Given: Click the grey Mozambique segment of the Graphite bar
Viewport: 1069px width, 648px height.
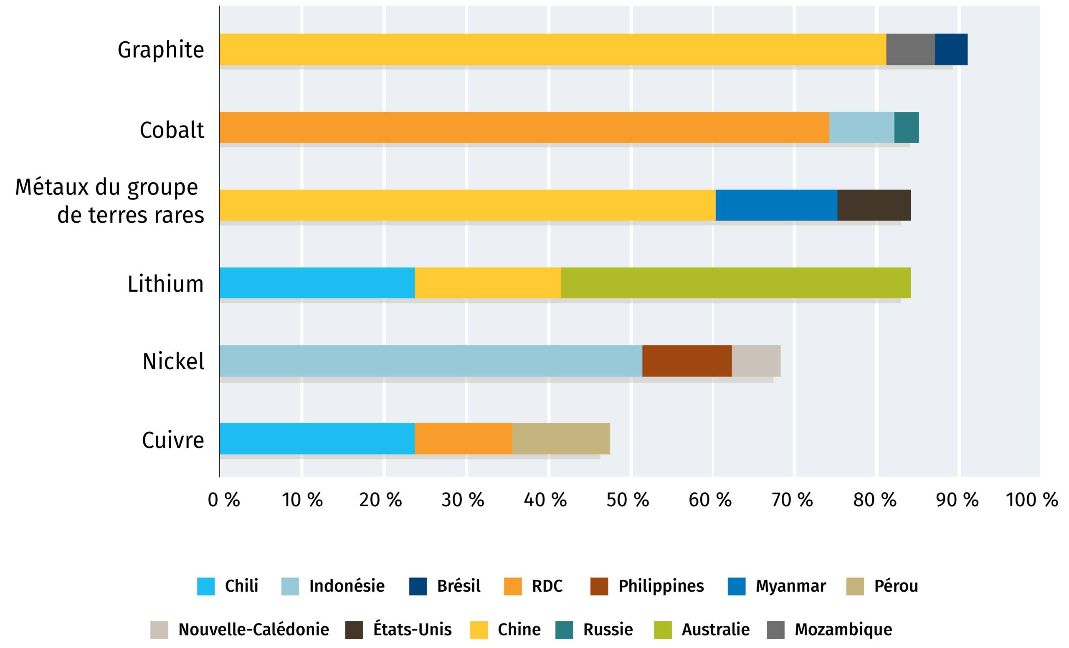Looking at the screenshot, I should (x=910, y=49).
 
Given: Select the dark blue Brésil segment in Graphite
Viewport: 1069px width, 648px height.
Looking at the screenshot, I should (x=951, y=49).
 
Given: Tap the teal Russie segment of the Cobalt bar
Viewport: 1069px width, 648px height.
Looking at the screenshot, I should (x=906, y=127).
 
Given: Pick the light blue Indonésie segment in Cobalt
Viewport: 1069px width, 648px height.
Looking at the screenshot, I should (x=861, y=127).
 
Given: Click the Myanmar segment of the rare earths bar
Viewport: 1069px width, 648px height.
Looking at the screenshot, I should (x=776, y=205).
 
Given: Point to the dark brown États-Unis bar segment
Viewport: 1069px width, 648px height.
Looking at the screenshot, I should (x=874, y=205).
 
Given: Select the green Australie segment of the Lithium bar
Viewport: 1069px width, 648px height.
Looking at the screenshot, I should (x=735, y=283).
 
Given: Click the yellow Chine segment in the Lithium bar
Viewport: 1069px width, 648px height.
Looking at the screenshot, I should (x=488, y=283).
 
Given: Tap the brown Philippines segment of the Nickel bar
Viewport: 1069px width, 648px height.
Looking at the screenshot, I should (x=687, y=361).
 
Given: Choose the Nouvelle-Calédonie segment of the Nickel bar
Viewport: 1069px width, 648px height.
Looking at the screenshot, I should (x=756, y=361).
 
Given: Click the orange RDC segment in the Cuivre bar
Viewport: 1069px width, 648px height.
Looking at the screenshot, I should (x=464, y=439).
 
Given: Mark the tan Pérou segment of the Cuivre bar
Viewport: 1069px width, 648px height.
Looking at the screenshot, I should (x=560, y=439).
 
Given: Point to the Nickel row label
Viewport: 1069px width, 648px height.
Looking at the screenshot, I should (x=173, y=361).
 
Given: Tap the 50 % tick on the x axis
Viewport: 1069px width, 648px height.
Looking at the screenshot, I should (x=627, y=500).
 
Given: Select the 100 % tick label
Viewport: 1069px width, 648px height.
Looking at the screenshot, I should (x=1032, y=500).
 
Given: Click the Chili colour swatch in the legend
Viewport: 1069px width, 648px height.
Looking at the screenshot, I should (x=205, y=586).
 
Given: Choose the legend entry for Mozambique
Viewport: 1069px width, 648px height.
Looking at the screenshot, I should (x=843, y=629).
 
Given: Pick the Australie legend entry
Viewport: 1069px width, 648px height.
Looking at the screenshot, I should (x=715, y=629).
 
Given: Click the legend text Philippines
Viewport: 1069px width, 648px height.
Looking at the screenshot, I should (x=661, y=586).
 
